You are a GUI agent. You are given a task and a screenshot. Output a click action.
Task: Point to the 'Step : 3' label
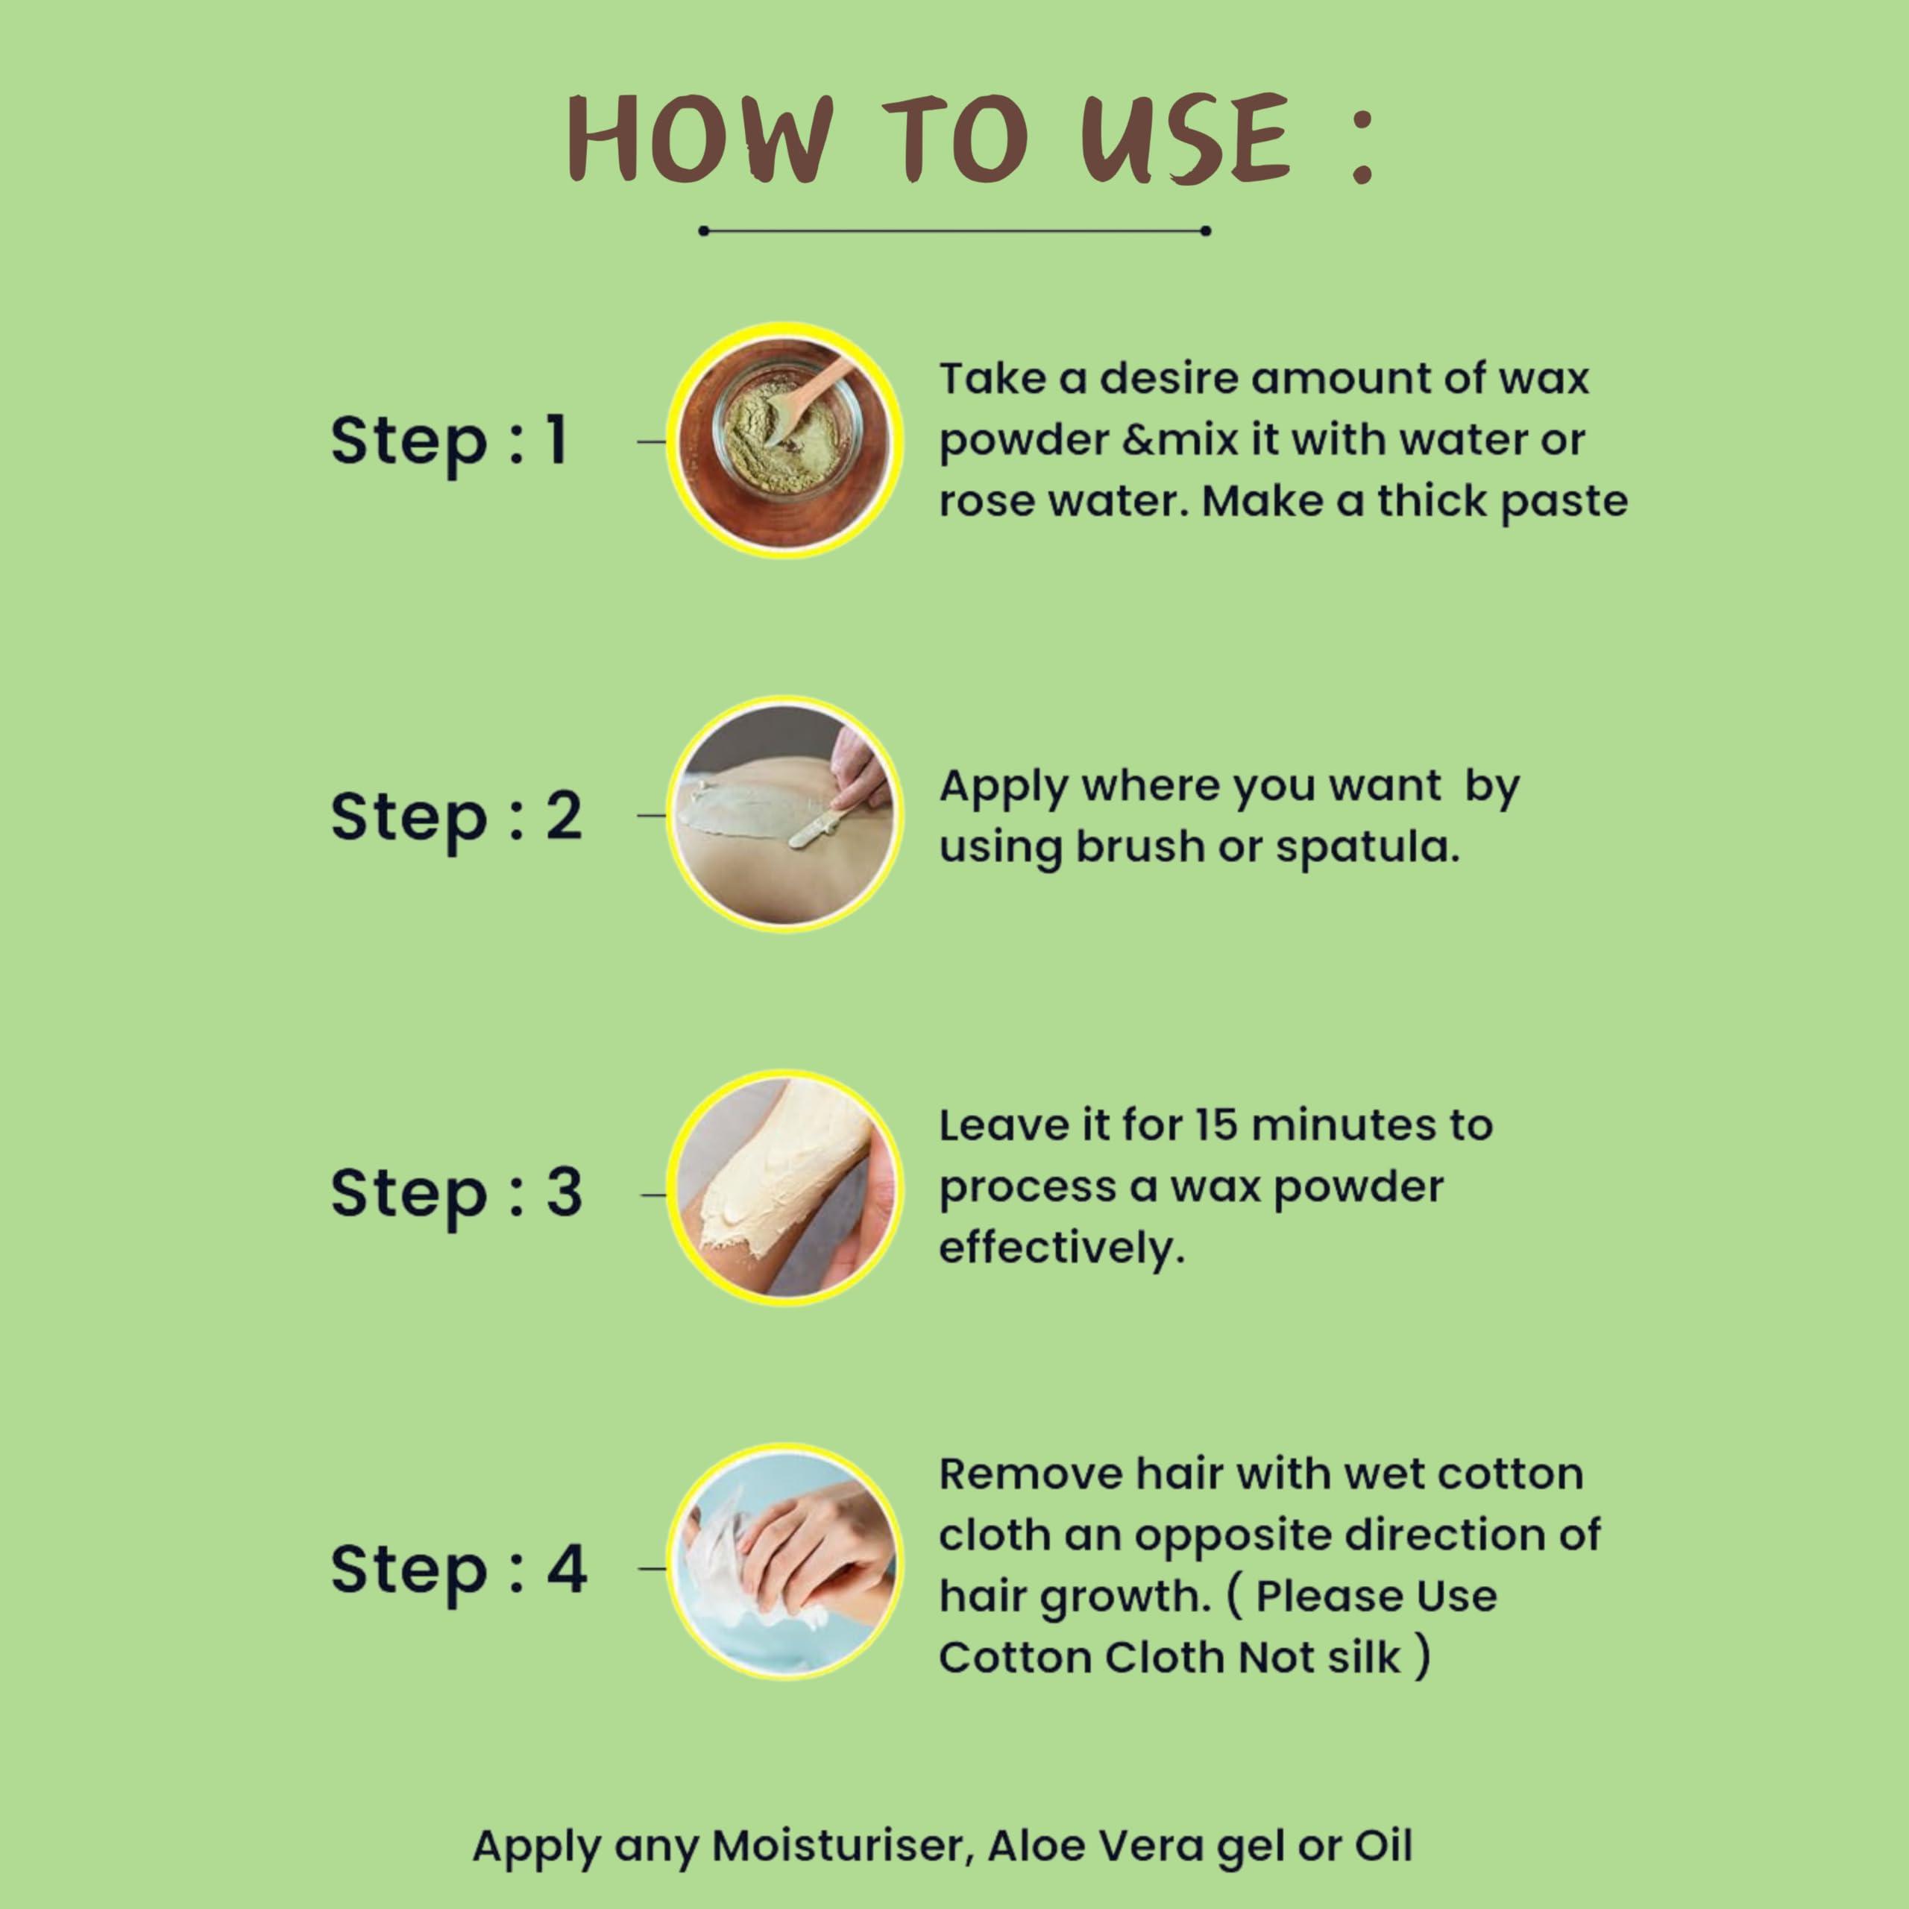coord(456,1192)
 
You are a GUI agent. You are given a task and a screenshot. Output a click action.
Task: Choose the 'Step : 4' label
coord(459,1568)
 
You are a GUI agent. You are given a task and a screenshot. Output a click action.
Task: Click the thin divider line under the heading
coord(954,231)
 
